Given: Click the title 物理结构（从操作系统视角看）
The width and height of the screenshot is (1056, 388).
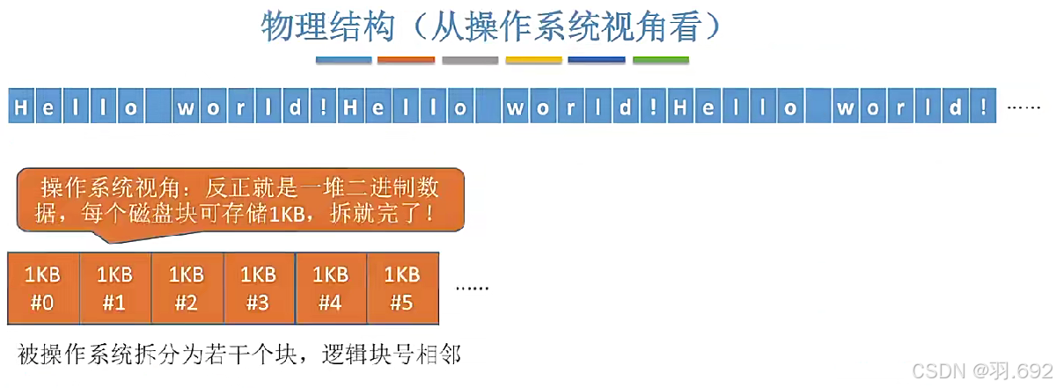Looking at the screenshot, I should (492, 26).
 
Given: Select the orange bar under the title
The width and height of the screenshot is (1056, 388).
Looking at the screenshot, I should (406, 61).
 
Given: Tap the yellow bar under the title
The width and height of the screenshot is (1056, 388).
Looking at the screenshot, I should (533, 61).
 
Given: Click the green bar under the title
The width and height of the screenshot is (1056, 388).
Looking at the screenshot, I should (661, 61).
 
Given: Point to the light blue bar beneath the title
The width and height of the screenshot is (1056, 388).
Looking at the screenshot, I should (343, 61).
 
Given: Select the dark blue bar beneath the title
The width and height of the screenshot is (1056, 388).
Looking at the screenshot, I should (597, 61).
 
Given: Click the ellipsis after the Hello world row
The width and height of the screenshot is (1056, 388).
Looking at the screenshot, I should (1023, 107).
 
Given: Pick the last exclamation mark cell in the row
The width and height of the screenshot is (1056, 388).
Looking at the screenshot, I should (982, 107).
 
